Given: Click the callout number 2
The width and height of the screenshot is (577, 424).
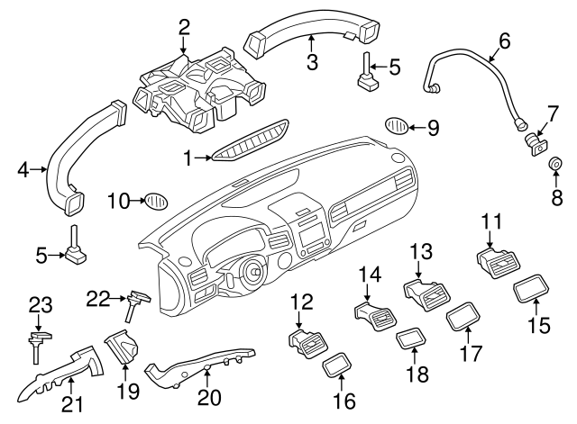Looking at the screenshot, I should tap(184, 27).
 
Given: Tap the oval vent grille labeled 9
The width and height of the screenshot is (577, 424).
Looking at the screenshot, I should tap(398, 125).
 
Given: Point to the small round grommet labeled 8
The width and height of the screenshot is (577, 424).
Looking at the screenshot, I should tap(556, 165).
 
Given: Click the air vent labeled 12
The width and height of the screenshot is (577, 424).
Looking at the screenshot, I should tap(308, 341).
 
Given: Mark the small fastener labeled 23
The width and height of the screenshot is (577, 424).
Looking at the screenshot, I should tap(36, 340).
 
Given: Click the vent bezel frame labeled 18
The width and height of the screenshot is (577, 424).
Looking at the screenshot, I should tap(413, 340).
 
